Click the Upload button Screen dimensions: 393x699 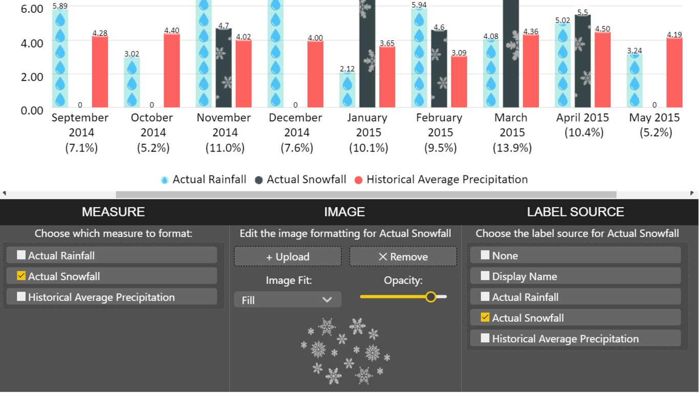288,257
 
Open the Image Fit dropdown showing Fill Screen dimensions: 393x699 288,300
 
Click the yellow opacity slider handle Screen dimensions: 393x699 431,296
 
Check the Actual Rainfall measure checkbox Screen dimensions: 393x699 21,255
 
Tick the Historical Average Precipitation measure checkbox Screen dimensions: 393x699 21,297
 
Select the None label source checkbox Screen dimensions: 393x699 485,255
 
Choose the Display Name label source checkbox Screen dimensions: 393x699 485,276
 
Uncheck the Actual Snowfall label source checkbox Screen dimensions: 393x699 485,317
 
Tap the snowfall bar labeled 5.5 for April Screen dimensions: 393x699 582,61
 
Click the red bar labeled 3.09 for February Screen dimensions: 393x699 459,82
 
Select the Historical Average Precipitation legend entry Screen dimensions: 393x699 441,180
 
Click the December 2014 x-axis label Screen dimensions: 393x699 295,133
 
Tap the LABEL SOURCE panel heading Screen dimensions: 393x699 575,212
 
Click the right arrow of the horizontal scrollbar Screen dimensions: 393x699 692,193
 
